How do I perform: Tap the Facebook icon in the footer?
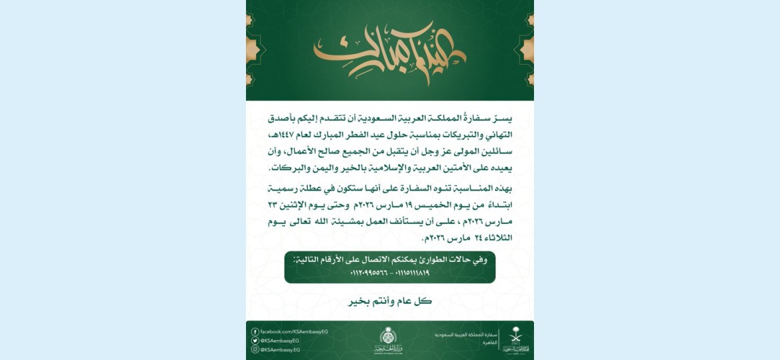(255, 331)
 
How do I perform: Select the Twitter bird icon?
(255, 340)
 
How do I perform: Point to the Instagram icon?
(255, 349)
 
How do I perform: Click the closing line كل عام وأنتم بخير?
(390, 301)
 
